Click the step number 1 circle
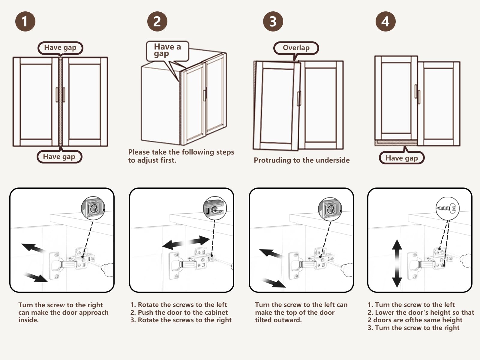(x=25, y=21)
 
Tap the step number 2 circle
(x=157, y=21)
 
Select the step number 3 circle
(x=273, y=21)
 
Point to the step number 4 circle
(x=385, y=21)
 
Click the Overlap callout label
(x=296, y=48)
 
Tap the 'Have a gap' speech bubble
(x=167, y=50)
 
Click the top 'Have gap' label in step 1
(x=60, y=48)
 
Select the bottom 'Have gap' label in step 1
(x=59, y=157)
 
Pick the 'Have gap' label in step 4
(x=402, y=158)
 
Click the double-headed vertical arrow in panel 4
(x=397, y=263)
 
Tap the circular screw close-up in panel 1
(x=93, y=208)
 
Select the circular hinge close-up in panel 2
(x=215, y=208)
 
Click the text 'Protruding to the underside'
(x=301, y=160)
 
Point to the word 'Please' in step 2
(x=138, y=152)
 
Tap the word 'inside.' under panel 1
(x=28, y=320)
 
